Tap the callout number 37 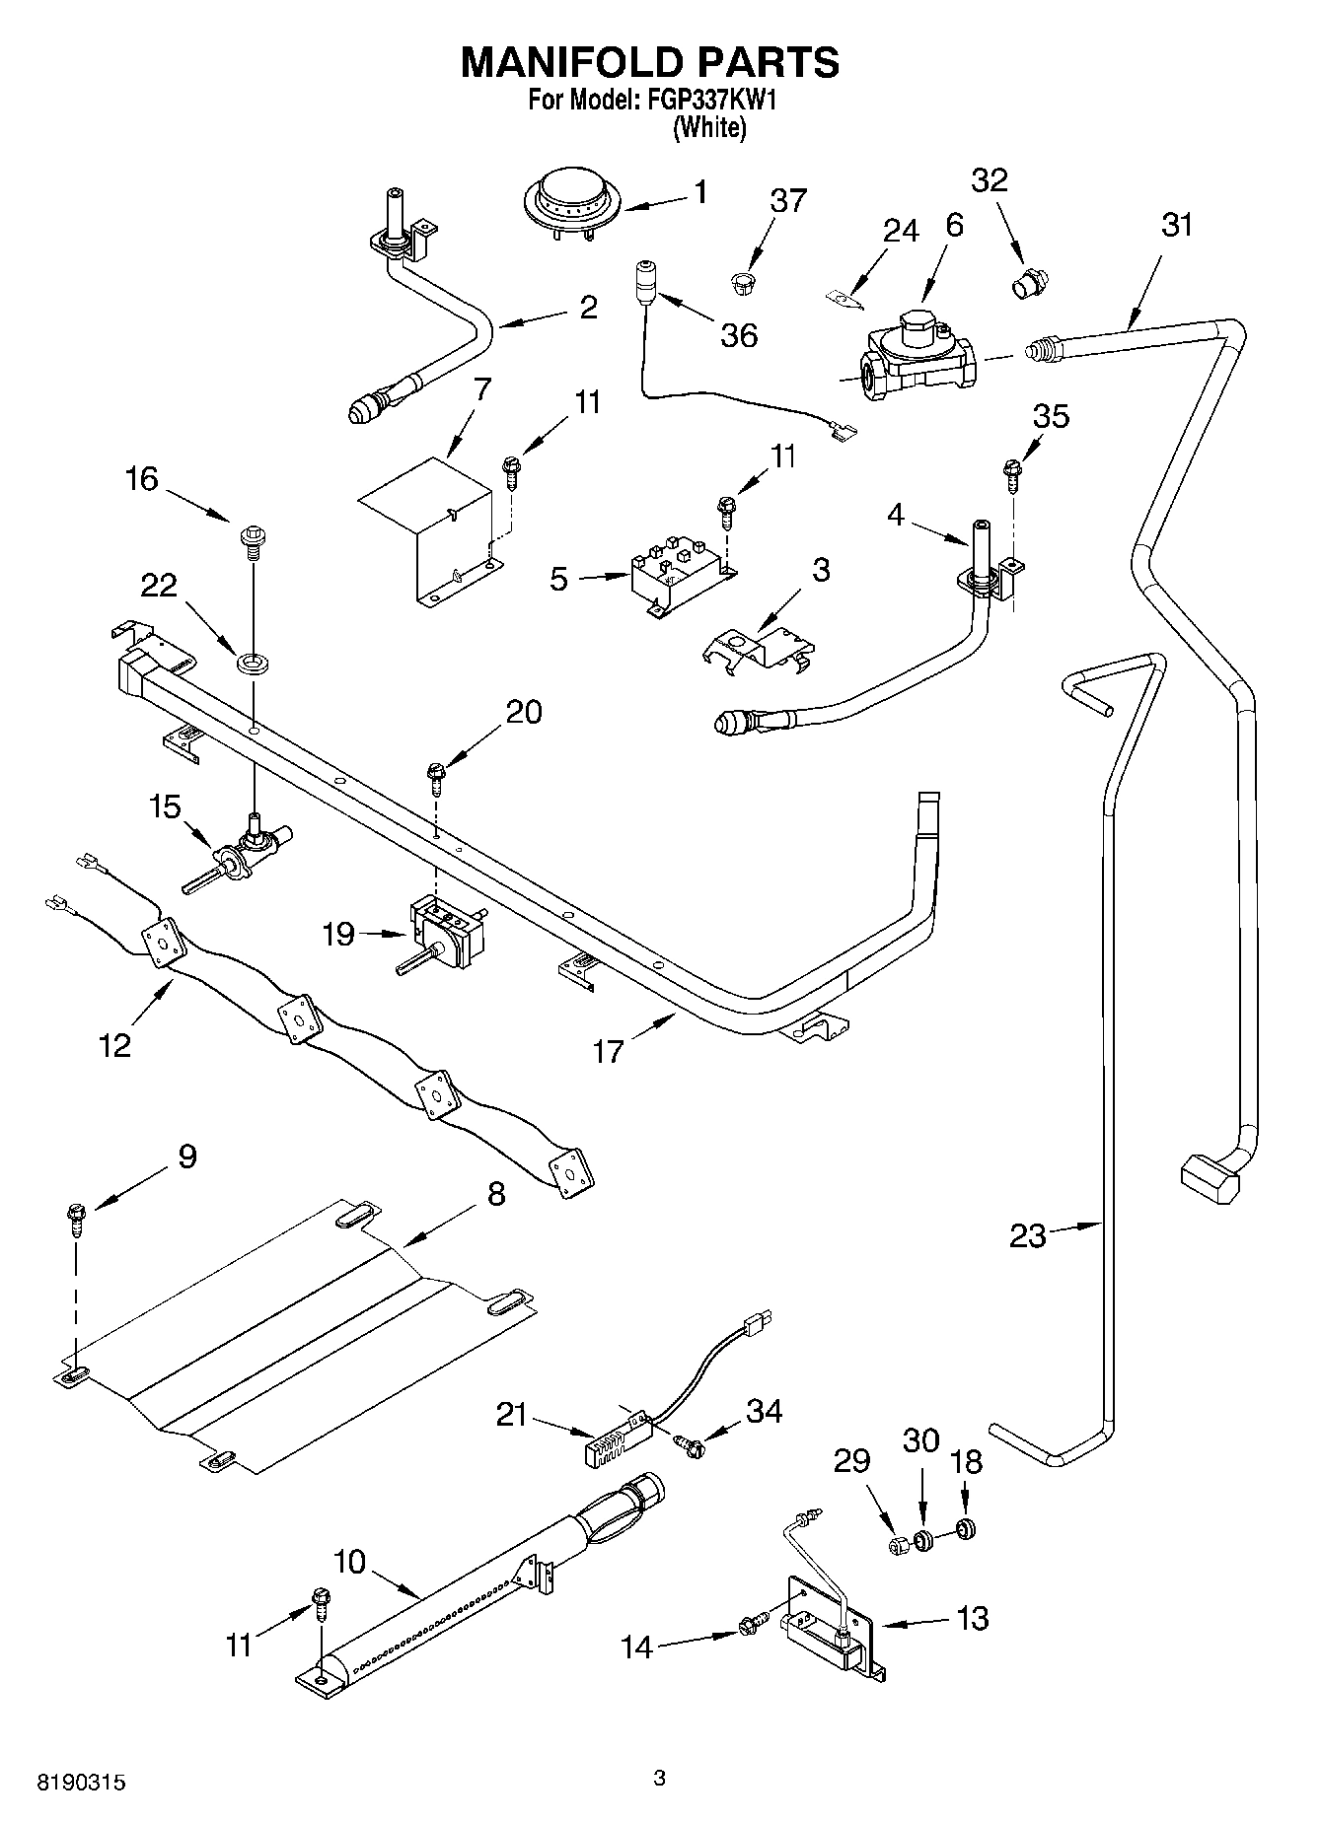787,200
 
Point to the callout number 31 1176,225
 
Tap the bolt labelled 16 250,541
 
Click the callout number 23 1027,1234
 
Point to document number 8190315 82,1783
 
